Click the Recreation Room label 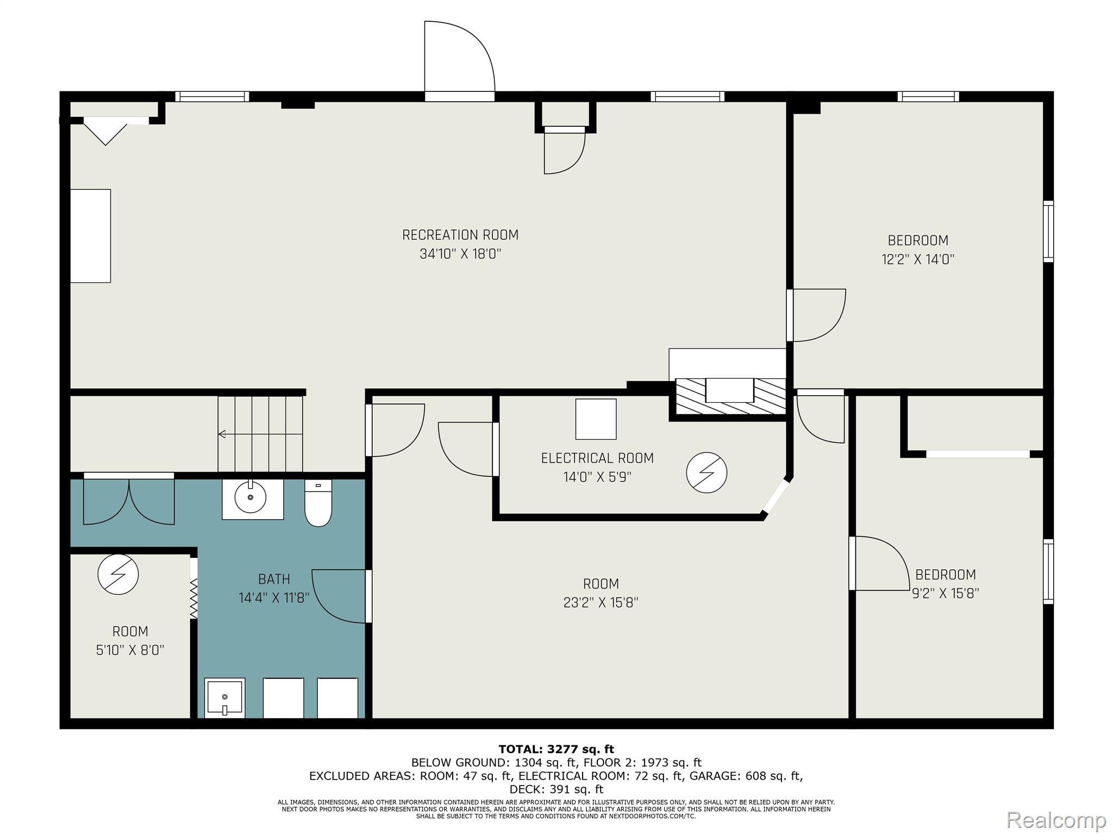pos(460,235)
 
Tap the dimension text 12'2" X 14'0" pos(918,259)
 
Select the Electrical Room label pos(597,458)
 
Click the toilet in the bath pos(318,503)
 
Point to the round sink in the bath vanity pos(251,497)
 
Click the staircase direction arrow pos(260,434)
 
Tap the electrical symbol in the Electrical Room pos(706,472)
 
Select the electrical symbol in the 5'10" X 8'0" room pos(118,574)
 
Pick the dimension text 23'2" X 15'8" pos(601,602)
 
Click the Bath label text pos(274,579)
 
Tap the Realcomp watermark pos(1056,819)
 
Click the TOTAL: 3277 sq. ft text pos(556,750)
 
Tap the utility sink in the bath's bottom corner pos(224,697)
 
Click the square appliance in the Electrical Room pos(596,419)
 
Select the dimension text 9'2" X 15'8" pos(945,593)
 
